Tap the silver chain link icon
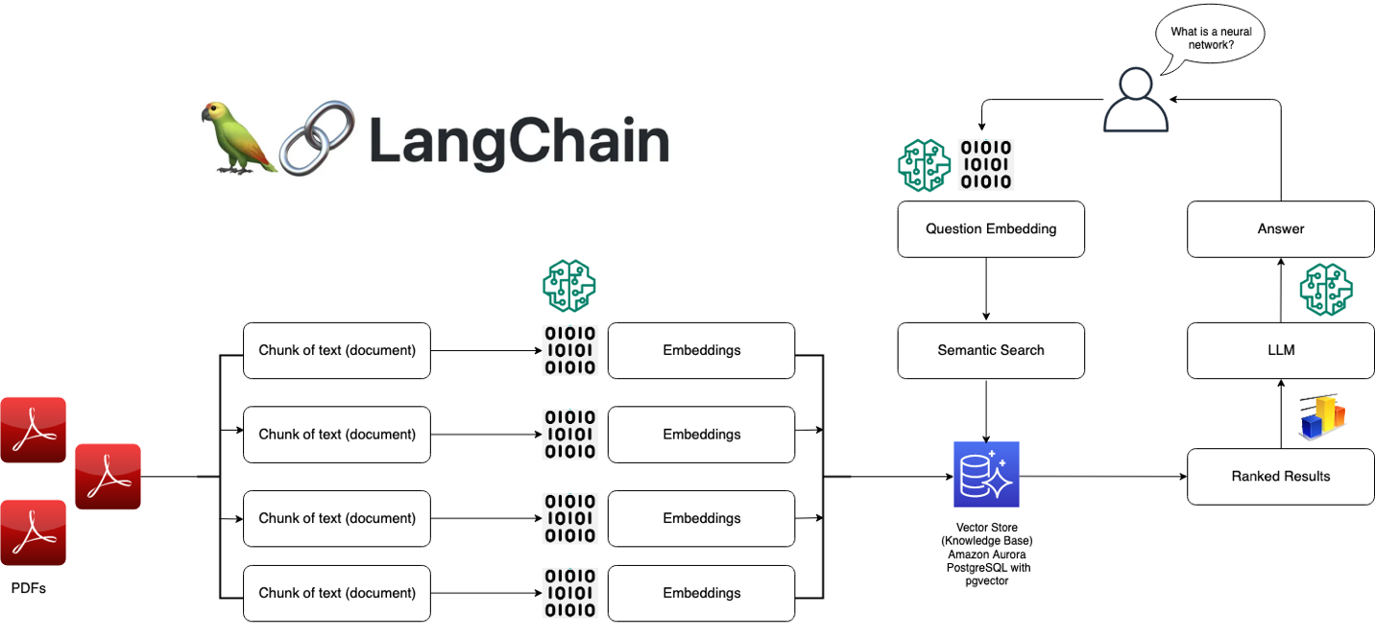point(316,137)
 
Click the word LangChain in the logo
point(519,141)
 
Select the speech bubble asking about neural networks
point(1208,39)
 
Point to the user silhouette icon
point(1135,100)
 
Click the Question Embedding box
point(991,229)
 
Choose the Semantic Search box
point(991,350)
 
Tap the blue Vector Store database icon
point(986,475)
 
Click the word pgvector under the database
point(986,581)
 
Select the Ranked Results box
point(1281,476)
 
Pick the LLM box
point(1281,350)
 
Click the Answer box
point(1281,229)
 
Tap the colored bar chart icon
point(1323,417)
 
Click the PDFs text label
point(28,588)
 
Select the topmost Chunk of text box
point(337,350)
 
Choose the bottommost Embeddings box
point(701,593)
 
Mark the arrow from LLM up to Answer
point(1281,290)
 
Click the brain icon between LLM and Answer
point(1325,291)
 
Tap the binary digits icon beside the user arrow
point(986,165)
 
